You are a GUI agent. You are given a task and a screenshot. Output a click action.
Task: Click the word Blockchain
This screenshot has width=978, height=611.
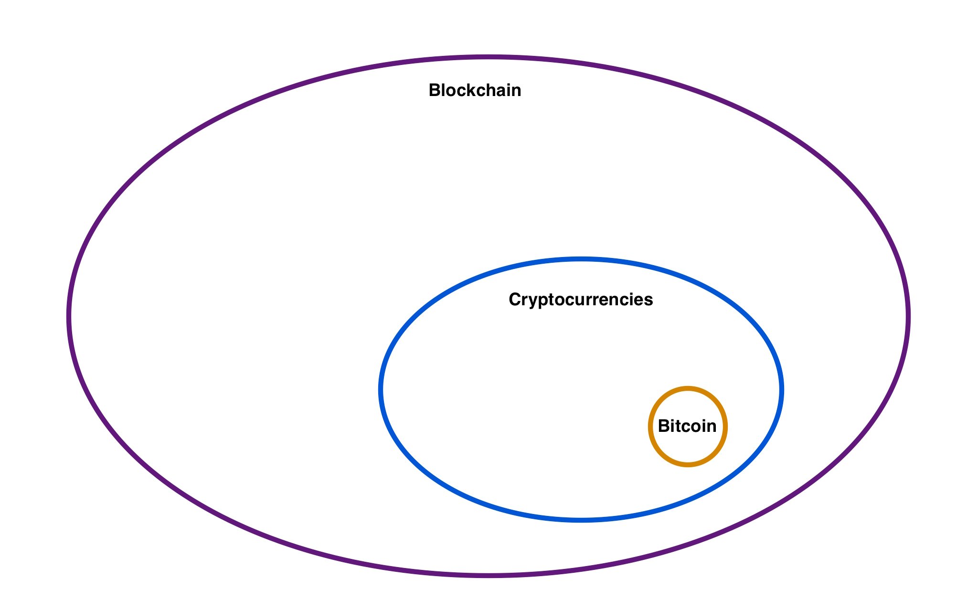point(475,90)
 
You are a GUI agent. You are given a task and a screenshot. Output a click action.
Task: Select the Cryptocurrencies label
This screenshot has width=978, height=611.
point(581,300)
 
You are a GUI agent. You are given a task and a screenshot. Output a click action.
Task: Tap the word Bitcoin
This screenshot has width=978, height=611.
point(687,426)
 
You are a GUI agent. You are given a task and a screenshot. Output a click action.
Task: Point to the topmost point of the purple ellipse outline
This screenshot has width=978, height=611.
point(489,57)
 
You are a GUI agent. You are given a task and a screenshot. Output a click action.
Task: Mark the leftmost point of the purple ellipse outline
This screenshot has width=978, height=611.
point(69,316)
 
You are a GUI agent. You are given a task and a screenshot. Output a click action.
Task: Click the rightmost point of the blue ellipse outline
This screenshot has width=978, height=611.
point(782,389)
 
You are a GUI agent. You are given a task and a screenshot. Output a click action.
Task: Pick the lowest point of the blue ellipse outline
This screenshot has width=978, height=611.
point(581,520)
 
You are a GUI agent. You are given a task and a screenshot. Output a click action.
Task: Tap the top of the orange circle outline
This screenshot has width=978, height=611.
point(688,388)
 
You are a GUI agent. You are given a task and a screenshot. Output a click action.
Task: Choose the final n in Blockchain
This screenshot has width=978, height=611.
point(516,92)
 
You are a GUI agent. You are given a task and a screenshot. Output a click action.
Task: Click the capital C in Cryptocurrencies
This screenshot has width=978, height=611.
point(515,300)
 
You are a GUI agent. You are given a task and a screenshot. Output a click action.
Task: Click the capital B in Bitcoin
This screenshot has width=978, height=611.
point(664,426)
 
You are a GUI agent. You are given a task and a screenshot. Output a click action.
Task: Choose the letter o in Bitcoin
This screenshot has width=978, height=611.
point(697,428)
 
